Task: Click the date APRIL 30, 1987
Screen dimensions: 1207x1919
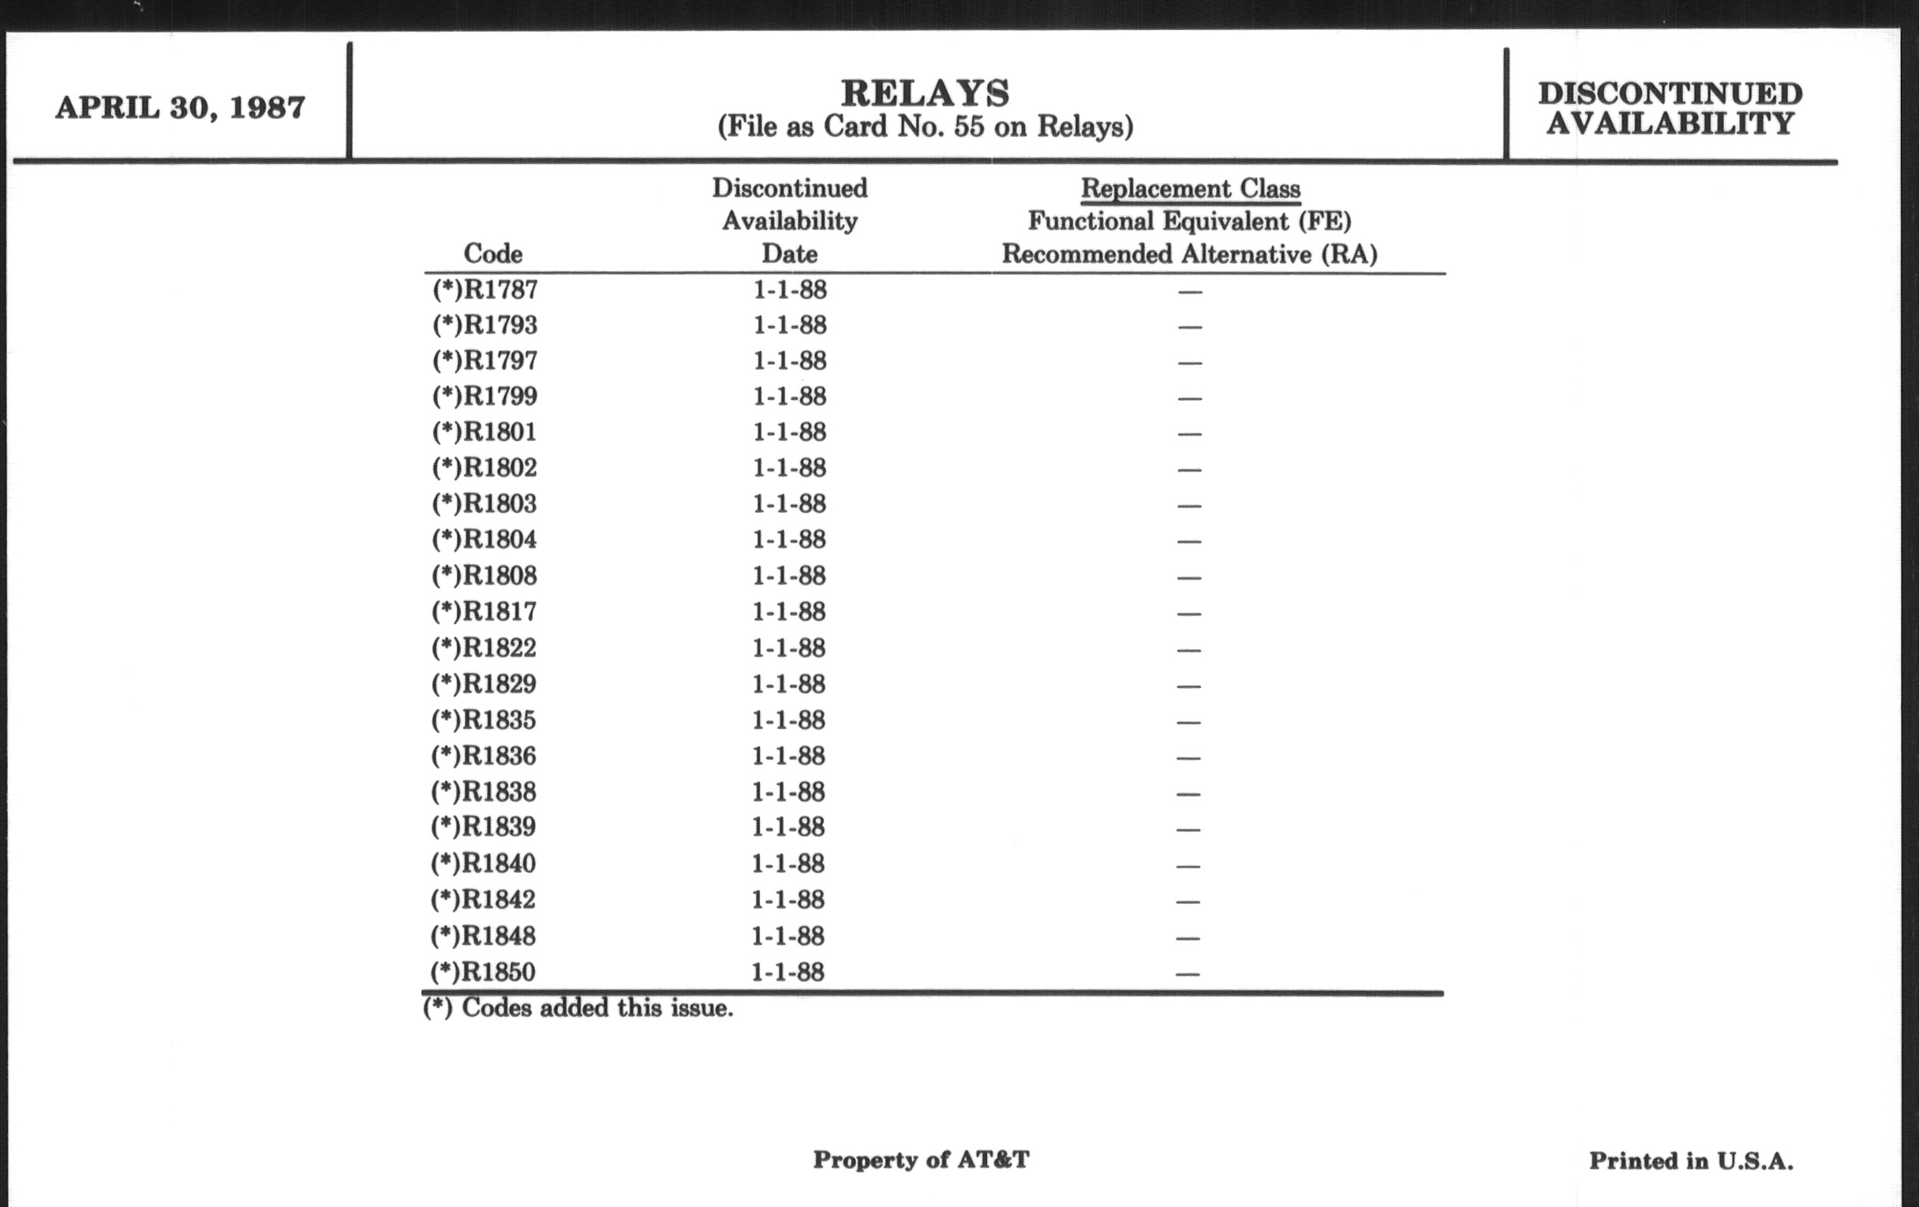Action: point(180,108)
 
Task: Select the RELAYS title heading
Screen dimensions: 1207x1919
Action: point(926,93)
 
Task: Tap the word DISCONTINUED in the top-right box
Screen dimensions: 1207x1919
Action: point(1670,94)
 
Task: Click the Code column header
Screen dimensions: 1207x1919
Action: point(492,254)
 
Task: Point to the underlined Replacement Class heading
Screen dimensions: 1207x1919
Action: point(1190,189)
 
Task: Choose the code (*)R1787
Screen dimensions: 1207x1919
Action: point(484,290)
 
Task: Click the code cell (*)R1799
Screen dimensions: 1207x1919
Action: point(484,396)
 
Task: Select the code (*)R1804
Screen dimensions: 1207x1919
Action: point(484,540)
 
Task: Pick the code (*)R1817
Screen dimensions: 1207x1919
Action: point(484,611)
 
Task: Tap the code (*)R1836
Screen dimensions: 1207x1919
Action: point(484,755)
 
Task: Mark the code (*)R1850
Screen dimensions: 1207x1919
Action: point(483,972)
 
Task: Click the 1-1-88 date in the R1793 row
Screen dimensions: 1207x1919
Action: point(790,325)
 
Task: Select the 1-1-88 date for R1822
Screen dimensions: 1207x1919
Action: point(789,648)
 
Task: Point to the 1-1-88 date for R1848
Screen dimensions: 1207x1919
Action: point(788,936)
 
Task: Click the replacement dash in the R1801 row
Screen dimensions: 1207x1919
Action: point(1189,434)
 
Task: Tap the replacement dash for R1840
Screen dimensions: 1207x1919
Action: point(1188,865)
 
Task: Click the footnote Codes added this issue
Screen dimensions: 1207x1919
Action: point(578,1009)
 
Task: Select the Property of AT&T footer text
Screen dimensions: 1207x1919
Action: point(921,1159)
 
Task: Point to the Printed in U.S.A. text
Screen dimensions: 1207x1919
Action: point(1691,1160)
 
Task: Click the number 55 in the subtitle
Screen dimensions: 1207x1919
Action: point(969,127)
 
